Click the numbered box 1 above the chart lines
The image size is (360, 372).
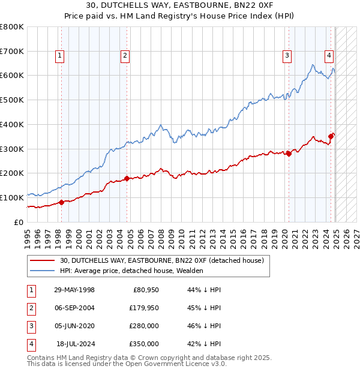61,56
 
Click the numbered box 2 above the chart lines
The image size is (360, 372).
125,56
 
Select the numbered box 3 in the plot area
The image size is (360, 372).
287,56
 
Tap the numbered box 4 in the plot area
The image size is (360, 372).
329,56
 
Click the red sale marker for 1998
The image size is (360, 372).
61,202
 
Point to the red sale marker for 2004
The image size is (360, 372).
127,178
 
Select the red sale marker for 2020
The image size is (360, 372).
289,154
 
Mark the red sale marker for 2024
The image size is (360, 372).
331,136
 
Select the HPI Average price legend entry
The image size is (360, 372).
131,271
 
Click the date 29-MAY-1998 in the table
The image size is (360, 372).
74,290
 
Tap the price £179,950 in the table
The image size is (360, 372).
144,308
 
